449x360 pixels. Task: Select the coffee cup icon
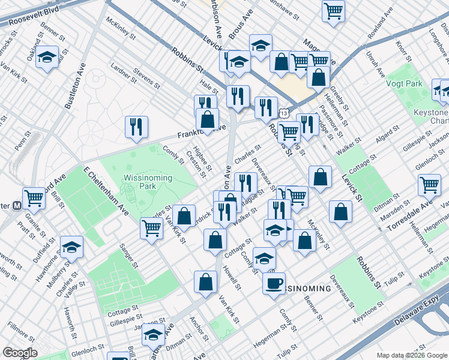[274, 283]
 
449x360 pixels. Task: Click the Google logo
[20, 353]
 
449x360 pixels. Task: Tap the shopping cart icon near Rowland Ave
[333, 10]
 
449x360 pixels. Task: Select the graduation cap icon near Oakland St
[47, 58]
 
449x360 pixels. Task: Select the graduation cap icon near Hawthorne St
[72, 247]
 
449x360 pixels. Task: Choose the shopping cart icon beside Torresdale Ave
[429, 184]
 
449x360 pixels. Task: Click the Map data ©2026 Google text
[411, 355]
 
